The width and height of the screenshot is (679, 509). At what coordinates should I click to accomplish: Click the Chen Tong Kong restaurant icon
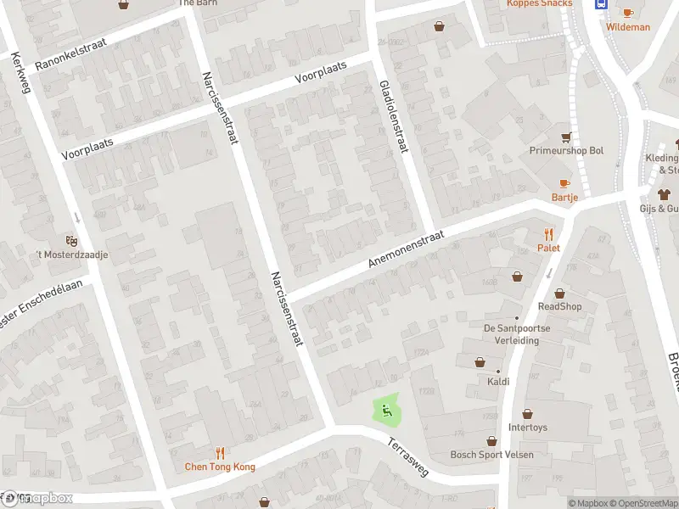(x=221, y=453)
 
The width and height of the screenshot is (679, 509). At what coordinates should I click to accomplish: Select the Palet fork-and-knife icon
(x=548, y=234)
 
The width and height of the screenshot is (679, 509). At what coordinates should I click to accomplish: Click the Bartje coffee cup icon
(x=564, y=183)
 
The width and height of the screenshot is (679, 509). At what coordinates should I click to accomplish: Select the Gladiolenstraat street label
(x=394, y=117)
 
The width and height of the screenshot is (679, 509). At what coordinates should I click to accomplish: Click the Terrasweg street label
(x=411, y=456)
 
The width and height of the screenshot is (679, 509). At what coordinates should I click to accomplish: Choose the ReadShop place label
(x=559, y=306)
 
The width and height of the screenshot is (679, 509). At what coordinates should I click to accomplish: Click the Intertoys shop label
(x=527, y=428)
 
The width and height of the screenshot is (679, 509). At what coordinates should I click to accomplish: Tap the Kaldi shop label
(x=498, y=381)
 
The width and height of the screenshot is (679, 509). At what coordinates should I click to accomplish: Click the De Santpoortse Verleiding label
(x=511, y=334)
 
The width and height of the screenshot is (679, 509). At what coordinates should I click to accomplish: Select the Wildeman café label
(x=628, y=27)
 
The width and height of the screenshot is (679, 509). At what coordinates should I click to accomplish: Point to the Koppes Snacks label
(x=539, y=3)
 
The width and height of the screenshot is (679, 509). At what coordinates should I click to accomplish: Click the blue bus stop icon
(x=601, y=3)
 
